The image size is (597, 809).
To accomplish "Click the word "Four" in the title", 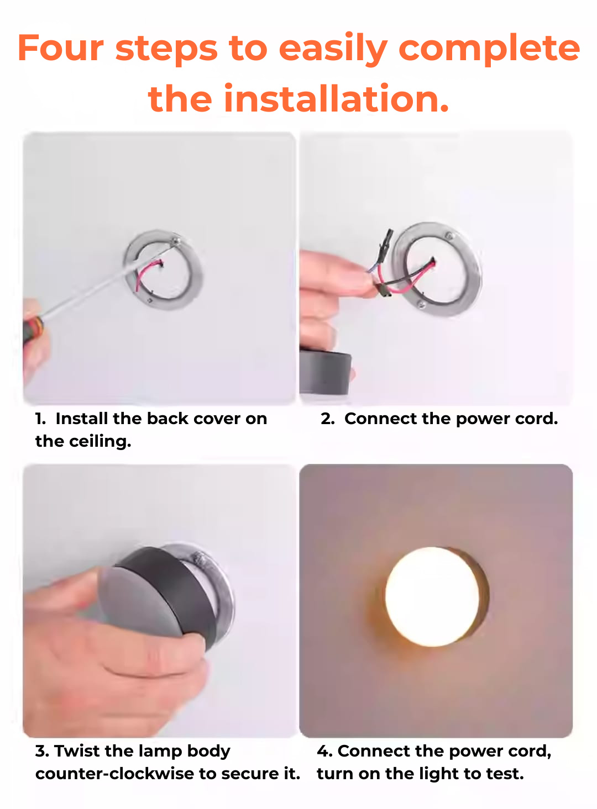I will click(60, 48).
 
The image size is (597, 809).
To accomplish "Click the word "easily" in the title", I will click(333, 48).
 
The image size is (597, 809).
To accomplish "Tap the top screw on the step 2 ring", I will click(449, 237).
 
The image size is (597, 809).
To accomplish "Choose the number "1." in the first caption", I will click(40, 419).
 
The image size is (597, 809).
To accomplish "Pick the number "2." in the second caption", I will click(327, 419).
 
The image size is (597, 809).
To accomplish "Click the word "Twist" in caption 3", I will click(77, 751).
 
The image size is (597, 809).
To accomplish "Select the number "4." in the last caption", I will click(324, 751).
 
